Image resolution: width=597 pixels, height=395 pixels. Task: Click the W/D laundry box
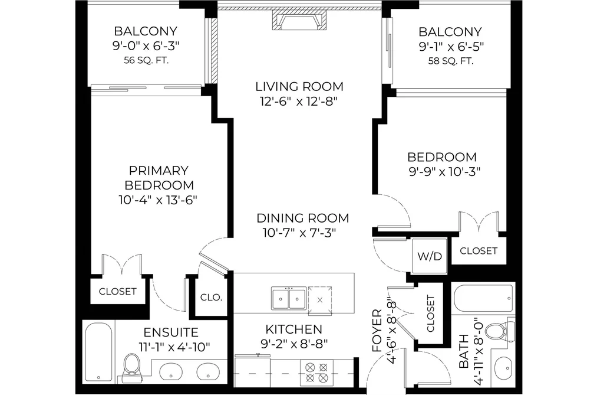pos(430,256)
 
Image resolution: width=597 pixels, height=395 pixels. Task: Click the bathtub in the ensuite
pos(98,351)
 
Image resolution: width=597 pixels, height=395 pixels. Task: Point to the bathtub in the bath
pos(483,298)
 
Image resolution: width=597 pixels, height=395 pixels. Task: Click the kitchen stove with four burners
pos(316,373)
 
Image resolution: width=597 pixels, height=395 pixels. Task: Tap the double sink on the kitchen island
pos(289,299)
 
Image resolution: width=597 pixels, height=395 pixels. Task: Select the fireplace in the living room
pos(299,20)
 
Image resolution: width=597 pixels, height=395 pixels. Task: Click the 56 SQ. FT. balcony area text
pos(146,60)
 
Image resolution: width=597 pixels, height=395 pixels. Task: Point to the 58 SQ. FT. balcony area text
pos(451,61)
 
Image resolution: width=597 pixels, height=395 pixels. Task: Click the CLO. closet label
pos(211,297)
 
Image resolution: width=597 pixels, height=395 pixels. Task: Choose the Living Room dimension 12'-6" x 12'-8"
pos(299,102)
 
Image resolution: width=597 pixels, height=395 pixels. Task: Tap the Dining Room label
pos(303,218)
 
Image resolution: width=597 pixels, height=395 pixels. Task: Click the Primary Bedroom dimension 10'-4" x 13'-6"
pos(158,200)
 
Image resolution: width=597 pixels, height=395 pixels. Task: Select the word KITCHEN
pos(293,329)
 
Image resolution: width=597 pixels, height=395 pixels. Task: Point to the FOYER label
pos(377,331)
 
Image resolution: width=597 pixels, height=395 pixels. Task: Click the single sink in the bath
pos(503,368)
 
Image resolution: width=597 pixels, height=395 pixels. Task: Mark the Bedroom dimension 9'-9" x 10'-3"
pos(444,172)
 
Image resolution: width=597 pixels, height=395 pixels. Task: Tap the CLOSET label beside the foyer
pos(430,314)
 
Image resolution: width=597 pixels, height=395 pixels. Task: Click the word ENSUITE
pos(171,332)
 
